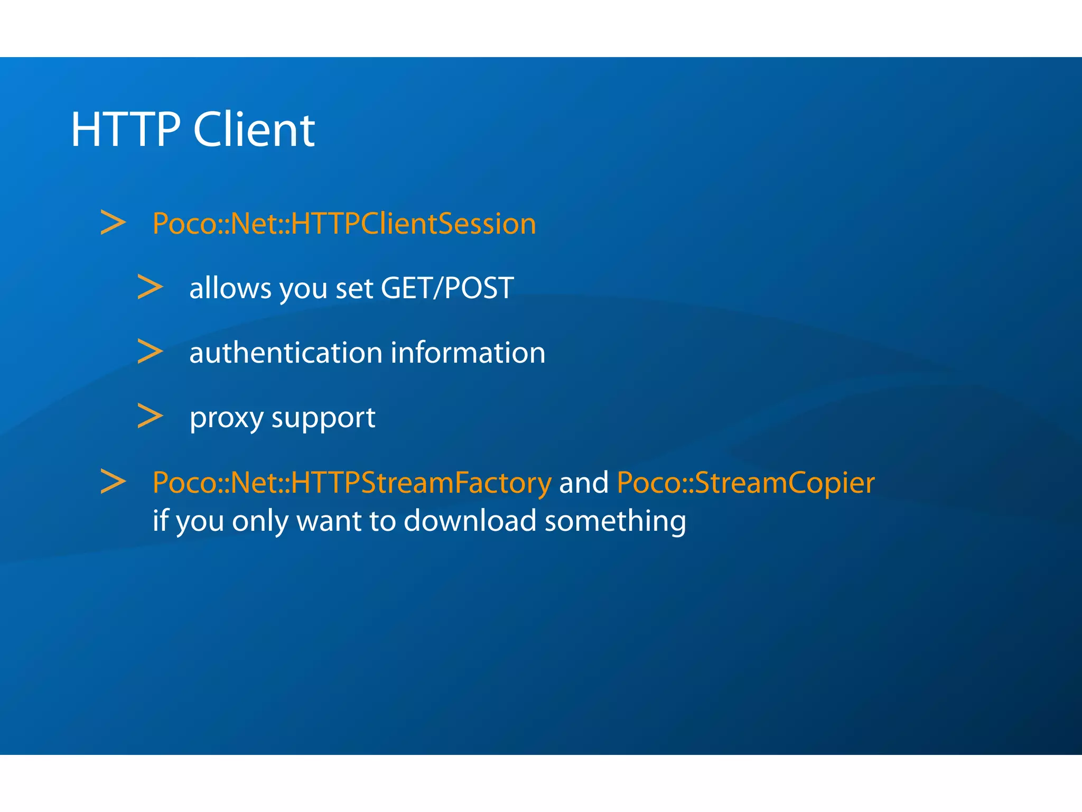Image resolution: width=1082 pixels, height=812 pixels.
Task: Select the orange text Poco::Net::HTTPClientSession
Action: (344, 224)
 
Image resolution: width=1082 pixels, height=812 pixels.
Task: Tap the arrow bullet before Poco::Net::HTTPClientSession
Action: (113, 223)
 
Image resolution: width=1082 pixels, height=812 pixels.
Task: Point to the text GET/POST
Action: (447, 288)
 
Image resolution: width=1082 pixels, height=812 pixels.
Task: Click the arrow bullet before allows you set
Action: (150, 287)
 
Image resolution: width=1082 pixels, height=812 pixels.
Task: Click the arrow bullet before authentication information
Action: (150, 352)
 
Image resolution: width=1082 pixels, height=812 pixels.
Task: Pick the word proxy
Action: (227, 418)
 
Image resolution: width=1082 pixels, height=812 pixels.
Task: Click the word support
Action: (323, 418)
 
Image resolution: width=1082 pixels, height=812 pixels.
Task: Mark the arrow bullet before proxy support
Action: (150, 417)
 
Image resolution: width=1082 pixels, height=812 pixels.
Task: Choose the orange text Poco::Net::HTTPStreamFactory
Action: (352, 483)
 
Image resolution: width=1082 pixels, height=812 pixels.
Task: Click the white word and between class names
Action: (584, 483)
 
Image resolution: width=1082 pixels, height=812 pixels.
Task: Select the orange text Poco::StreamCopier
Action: (745, 483)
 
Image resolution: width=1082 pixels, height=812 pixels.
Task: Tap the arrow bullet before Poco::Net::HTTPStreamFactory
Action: (113, 482)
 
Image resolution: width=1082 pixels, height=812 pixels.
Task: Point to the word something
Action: (615, 521)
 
